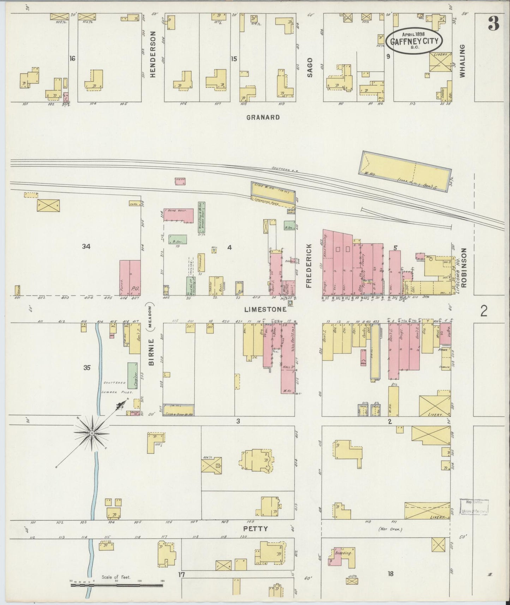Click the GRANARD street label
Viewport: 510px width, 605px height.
tap(263, 117)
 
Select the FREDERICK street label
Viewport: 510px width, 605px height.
tap(309, 265)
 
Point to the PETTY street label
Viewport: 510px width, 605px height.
tap(256, 529)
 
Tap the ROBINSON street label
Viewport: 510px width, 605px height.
tap(463, 267)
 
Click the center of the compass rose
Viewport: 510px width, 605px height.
tap(92, 433)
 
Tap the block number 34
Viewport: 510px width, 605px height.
tap(86, 247)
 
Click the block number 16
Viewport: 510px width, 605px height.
tap(72, 59)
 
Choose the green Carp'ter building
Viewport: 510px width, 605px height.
tap(132, 376)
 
